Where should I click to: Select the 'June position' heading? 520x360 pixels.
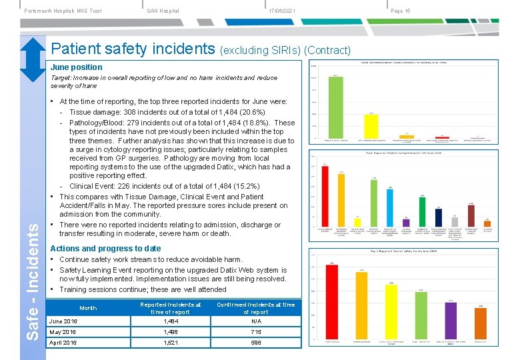[77, 67]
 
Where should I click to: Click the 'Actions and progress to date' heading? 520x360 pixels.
[105, 249]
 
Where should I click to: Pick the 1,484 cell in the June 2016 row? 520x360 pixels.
[171, 321]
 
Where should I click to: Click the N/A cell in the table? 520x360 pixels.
[255, 321]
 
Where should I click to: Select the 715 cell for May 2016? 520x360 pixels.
[255, 332]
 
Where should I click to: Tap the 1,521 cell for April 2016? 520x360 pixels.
[171, 343]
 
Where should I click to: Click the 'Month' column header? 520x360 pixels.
[88, 308]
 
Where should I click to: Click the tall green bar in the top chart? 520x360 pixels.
[336, 107]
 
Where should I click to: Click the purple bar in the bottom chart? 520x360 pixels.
[451, 320]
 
